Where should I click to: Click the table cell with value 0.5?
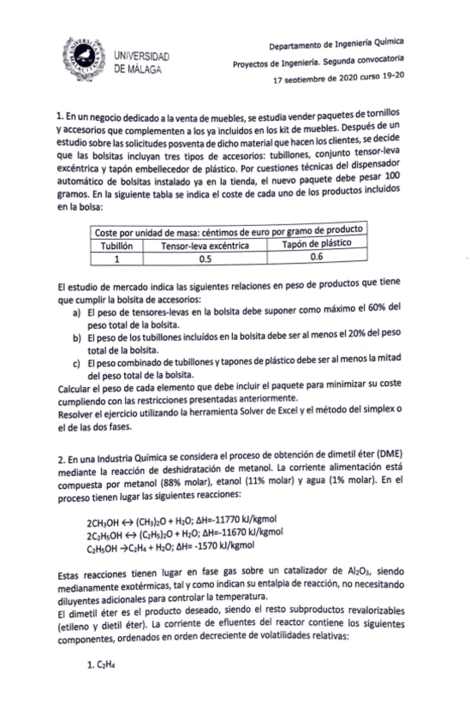coord(205,257)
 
